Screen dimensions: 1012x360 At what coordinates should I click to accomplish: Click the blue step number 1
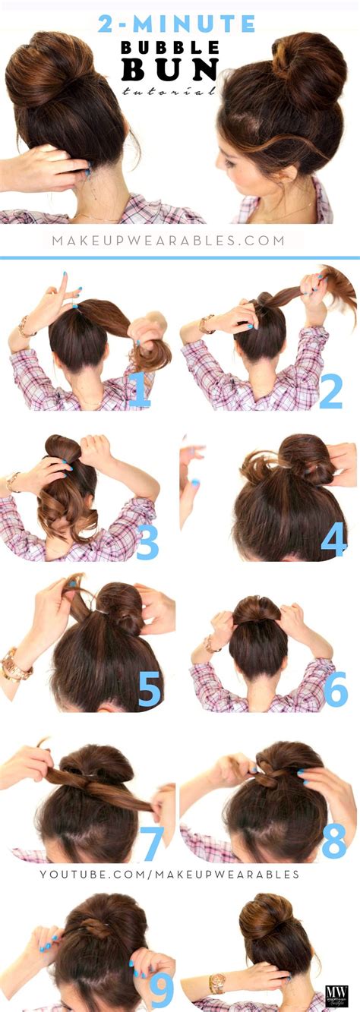point(140,390)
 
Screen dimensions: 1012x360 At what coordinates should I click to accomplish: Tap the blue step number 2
point(331,390)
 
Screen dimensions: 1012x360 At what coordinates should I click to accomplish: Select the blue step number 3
point(147,541)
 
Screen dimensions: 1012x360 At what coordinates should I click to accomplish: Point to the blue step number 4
point(334,538)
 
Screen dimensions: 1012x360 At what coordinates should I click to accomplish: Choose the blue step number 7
point(152,843)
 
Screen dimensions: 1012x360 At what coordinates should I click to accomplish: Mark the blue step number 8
point(334,841)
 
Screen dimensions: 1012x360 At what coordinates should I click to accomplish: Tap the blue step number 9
point(162,991)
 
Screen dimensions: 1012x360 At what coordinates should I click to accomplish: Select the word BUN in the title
point(169,70)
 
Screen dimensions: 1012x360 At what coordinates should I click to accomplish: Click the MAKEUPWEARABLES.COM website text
point(169,241)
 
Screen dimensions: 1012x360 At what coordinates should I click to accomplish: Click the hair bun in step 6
point(256,610)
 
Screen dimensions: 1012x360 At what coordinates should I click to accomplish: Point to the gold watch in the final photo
point(217,984)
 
